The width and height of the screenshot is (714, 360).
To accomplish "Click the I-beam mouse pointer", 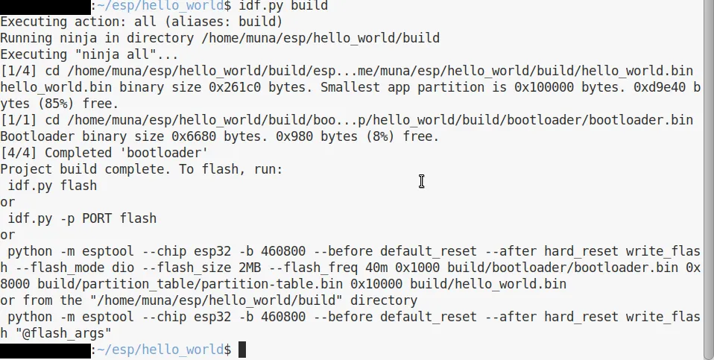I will tap(422, 182).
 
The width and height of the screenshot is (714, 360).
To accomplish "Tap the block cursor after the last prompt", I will tap(242, 350).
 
